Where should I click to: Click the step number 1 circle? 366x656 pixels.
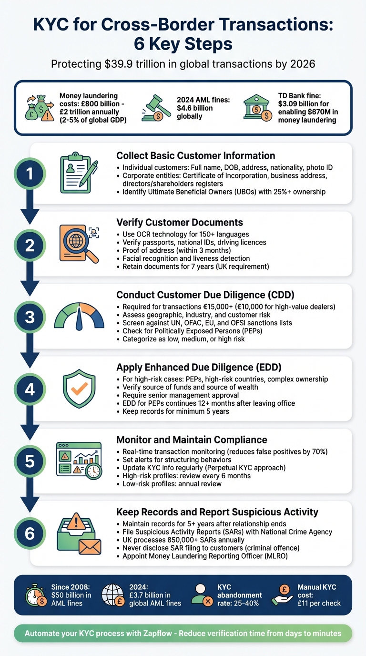point(30,174)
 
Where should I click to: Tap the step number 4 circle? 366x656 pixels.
point(30,389)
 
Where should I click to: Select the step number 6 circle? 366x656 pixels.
point(30,533)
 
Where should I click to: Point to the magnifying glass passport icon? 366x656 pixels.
point(79,243)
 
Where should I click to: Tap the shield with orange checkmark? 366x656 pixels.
point(79,389)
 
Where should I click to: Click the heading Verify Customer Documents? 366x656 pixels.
point(180,223)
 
